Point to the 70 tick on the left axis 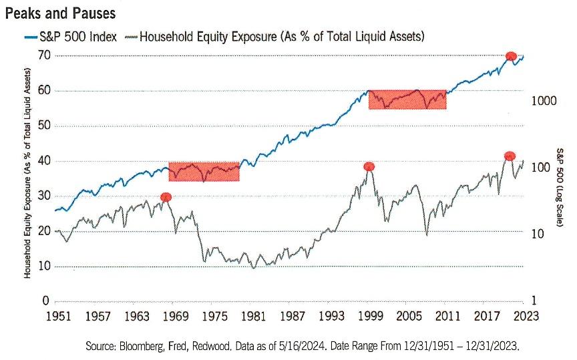pos(44,55)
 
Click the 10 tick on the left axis pos(44,266)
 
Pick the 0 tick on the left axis pos(47,301)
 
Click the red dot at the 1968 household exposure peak pos(166,197)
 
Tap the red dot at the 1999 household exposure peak pos(369,166)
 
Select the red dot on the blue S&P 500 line pos(511,56)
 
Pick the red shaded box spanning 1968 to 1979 pos(204,172)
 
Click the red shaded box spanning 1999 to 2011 pos(407,100)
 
